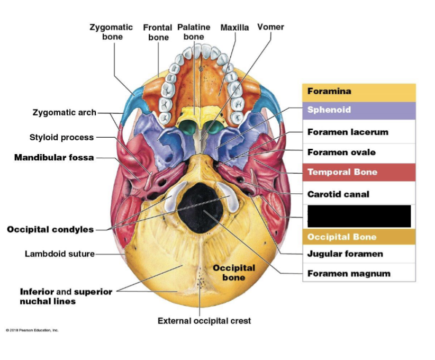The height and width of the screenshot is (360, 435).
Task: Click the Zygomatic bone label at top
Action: (x=112, y=31)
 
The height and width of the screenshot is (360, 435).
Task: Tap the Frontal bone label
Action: (x=158, y=32)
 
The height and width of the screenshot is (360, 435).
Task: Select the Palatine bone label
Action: (x=194, y=31)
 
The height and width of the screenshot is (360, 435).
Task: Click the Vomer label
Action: (x=270, y=26)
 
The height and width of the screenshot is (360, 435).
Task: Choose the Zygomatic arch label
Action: (x=64, y=112)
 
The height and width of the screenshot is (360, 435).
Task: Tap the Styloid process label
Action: (x=61, y=137)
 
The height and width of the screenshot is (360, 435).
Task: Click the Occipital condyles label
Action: (x=50, y=229)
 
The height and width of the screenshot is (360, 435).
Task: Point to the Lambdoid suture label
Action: (x=59, y=254)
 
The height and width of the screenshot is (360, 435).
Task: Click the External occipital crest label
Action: (x=204, y=321)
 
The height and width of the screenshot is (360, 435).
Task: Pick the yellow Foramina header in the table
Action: (x=359, y=92)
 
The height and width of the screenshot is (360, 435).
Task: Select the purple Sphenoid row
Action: (x=359, y=110)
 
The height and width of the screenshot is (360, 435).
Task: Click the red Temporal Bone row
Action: (x=359, y=173)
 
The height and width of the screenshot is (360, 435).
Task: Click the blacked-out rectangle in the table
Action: (x=359, y=216)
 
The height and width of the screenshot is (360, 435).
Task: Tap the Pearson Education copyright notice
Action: (x=32, y=330)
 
